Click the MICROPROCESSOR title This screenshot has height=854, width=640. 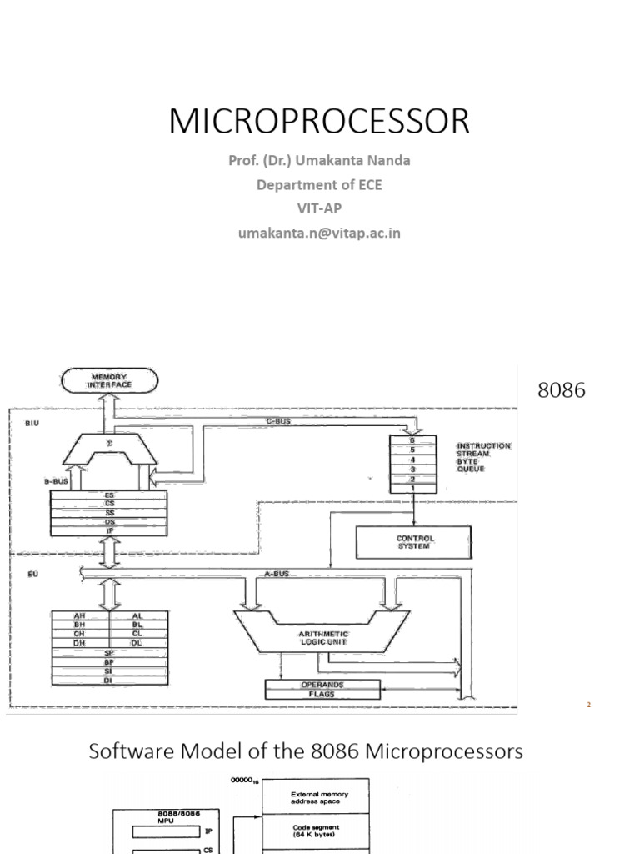point(319,122)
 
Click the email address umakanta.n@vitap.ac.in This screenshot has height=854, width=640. point(319,234)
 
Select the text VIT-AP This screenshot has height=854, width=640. point(319,208)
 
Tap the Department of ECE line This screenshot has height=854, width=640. point(319,184)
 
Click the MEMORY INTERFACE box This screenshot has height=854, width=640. point(111,382)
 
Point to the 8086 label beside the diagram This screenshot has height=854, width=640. point(562,390)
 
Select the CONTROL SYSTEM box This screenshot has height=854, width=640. point(413,542)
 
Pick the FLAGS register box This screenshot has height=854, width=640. point(322,694)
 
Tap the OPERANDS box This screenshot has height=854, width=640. point(322,685)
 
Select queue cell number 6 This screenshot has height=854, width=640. point(412,439)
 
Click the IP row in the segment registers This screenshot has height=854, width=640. point(109,529)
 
